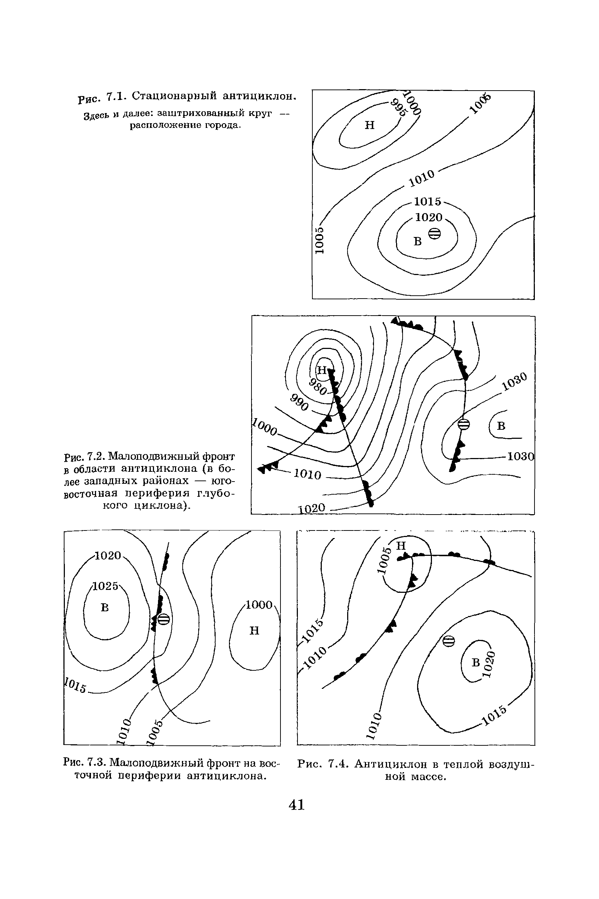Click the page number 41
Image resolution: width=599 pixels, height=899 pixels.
point(296,805)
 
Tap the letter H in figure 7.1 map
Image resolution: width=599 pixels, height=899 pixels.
point(369,125)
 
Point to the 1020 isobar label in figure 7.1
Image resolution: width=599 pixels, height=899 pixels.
point(429,217)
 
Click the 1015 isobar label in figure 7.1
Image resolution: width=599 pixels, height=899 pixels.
point(428,201)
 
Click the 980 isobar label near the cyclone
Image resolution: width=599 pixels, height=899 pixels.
point(318,387)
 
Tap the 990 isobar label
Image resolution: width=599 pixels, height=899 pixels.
point(299,403)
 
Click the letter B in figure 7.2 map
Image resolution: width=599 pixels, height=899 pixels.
point(501,426)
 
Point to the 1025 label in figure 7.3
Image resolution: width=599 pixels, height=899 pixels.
point(106,586)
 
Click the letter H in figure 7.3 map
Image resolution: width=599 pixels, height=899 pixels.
point(254,630)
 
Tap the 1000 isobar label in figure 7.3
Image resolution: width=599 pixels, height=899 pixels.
point(259,604)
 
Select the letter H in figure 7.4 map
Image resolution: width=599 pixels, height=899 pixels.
point(401,546)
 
